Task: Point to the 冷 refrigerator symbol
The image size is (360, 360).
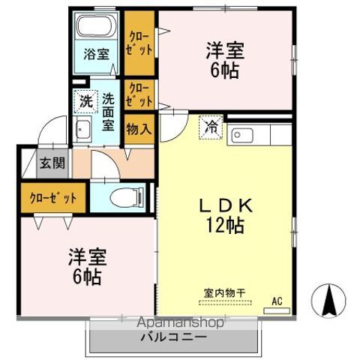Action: (x=211, y=127)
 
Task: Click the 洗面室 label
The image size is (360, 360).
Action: (x=109, y=111)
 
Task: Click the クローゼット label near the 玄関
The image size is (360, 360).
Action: (x=53, y=198)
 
